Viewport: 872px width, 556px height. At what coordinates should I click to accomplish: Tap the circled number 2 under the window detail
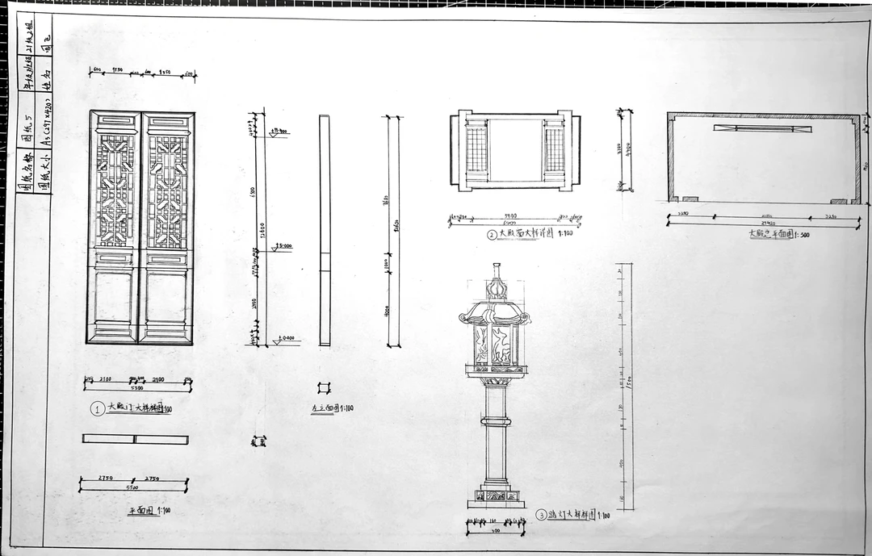(x=492, y=235)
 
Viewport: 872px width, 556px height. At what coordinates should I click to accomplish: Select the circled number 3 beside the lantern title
(x=541, y=515)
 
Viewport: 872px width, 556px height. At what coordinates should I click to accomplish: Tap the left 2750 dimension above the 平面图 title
(x=105, y=479)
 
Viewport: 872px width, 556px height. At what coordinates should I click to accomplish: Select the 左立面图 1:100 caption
(x=332, y=408)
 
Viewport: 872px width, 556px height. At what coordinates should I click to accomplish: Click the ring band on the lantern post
(x=496, y=421)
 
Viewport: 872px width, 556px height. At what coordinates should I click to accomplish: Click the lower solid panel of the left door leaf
(x=115, y=296)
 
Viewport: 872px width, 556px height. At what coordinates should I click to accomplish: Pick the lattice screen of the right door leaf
(x=167, y=191)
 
